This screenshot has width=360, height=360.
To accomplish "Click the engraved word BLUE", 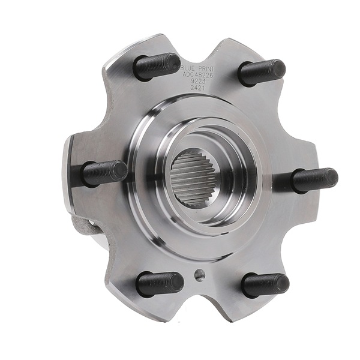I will [x=188, y=70].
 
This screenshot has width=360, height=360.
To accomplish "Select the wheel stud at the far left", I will [x=103, y=173].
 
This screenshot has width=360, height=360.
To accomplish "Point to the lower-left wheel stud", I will [x=159, y=283].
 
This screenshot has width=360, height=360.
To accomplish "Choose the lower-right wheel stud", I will [x=265, y=284].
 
